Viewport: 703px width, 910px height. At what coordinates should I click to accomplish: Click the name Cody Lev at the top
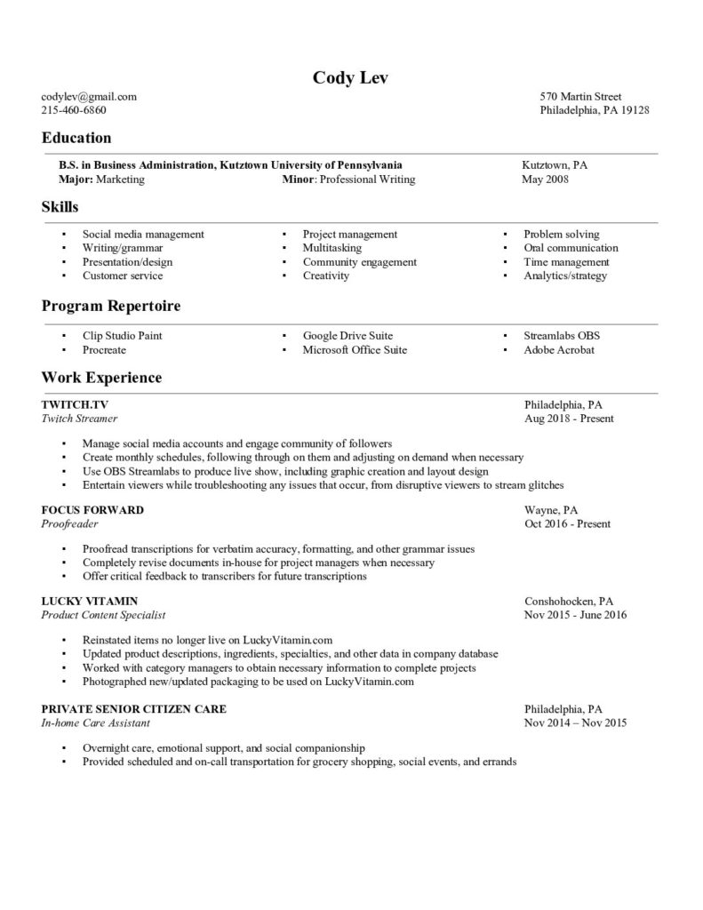pos(351,77)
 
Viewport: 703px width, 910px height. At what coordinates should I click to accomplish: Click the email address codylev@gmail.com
pos(89,97)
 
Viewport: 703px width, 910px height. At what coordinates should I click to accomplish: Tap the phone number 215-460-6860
pos(74,111)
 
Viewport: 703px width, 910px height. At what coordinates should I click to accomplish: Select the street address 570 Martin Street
pos(580,97)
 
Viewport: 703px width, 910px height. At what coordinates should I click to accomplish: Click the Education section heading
pos(76,138)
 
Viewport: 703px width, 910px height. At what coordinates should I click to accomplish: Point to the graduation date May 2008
pos(545,180)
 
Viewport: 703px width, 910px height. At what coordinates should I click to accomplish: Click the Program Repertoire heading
pos(111,306)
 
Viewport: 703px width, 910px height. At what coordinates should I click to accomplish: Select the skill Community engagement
pos(359,262)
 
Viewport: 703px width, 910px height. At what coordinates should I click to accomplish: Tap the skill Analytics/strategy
pos(565,276)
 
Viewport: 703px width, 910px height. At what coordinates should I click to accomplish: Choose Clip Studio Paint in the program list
pos(122,336)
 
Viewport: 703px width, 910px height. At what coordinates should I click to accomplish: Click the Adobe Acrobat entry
pos(559,350)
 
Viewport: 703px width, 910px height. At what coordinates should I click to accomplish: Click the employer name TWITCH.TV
pos(75,404)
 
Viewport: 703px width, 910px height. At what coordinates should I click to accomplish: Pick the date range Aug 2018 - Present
pos(569,419)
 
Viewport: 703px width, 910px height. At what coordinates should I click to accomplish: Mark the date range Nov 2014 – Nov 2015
pos(575,723)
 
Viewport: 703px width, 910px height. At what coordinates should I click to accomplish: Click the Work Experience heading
pos(101,378)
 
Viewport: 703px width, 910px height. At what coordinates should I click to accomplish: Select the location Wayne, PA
pos(551,511)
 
